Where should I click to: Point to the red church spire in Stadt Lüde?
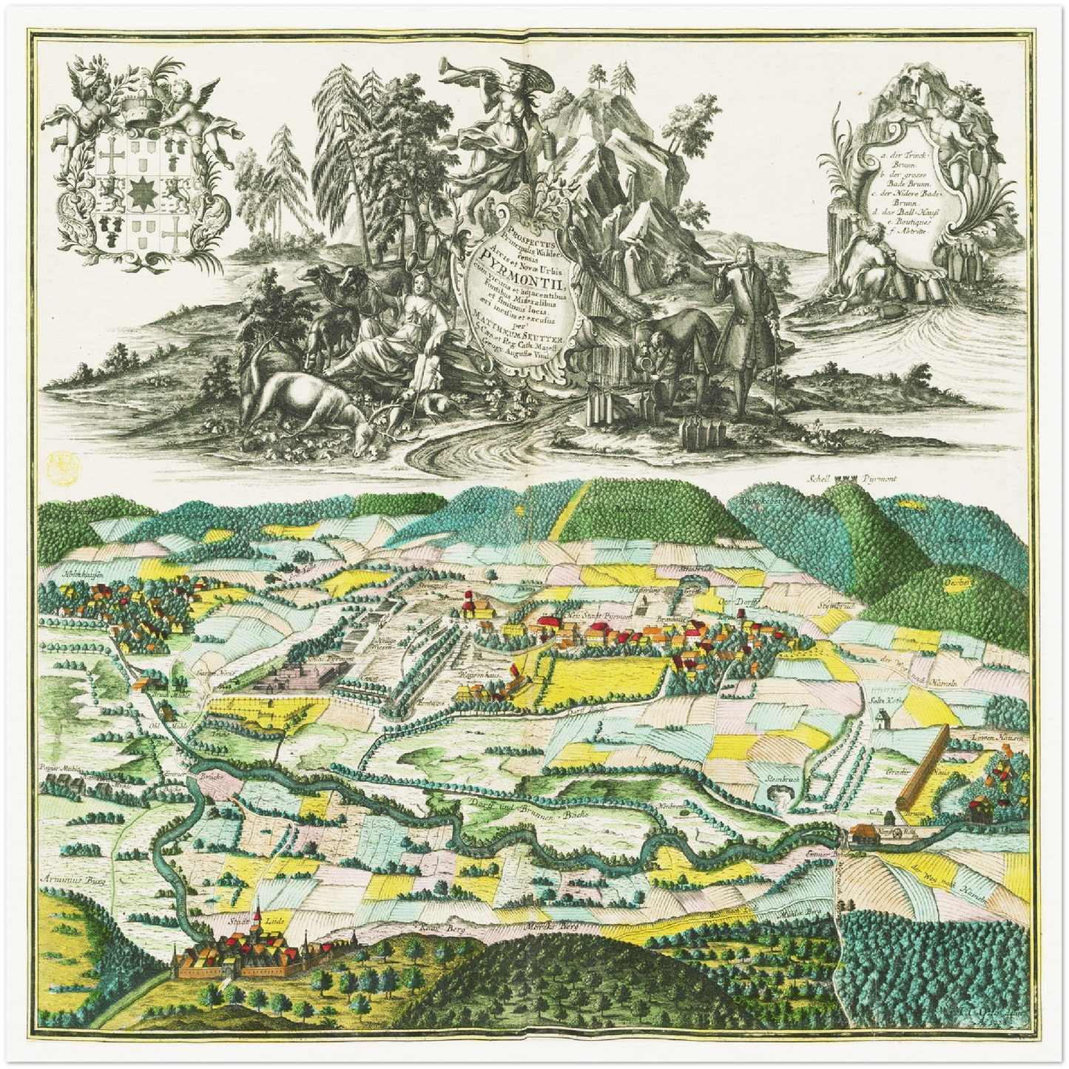pyautogui.click(x=257, y=918)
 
